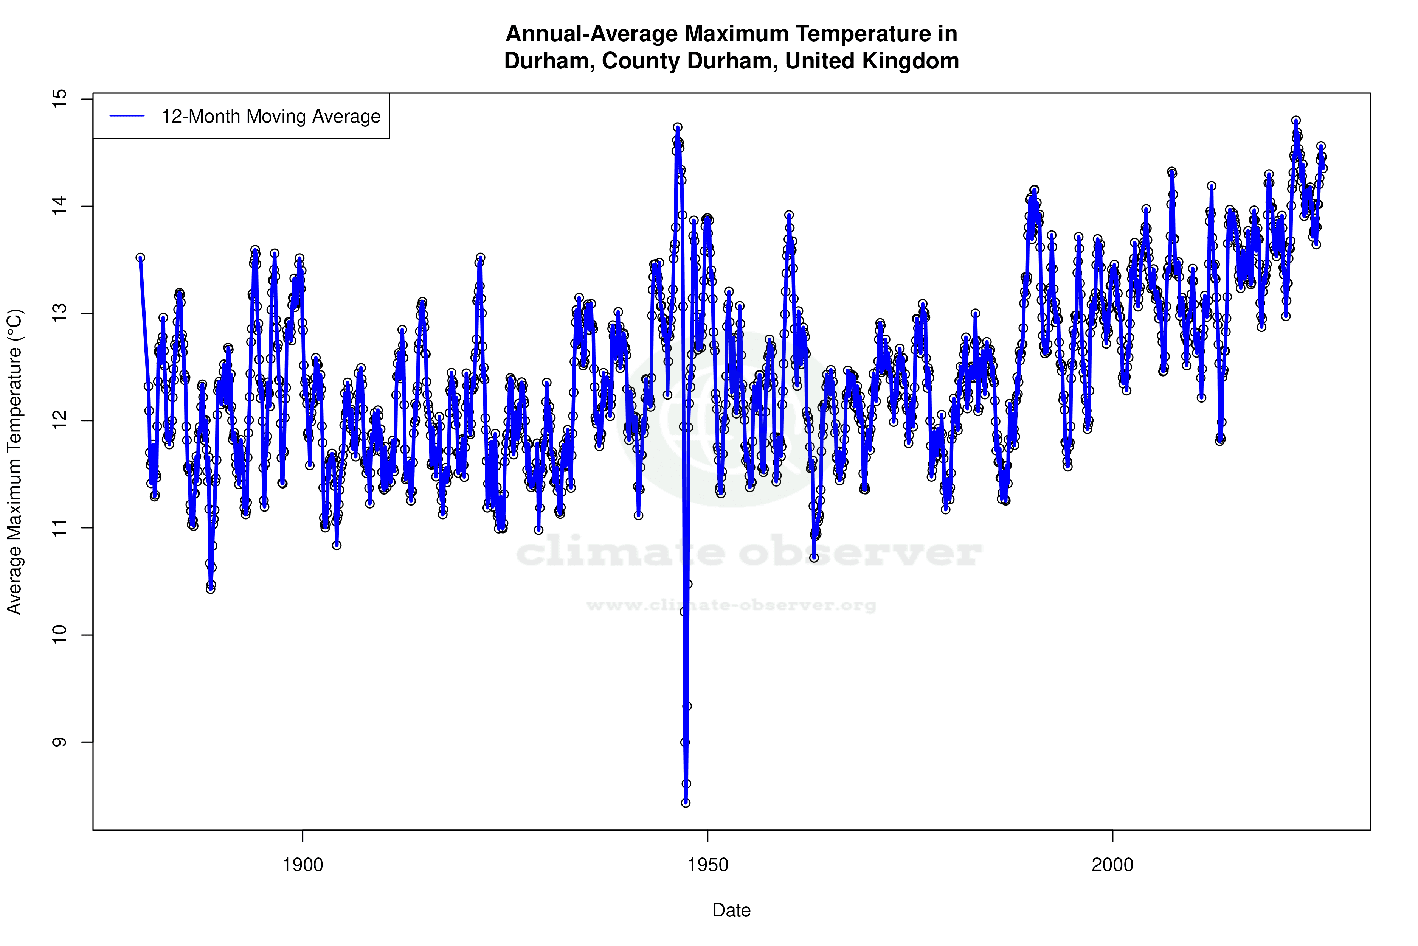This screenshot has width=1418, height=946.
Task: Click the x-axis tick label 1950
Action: point(708,865)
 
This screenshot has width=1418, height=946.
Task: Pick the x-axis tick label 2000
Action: point(1112,865)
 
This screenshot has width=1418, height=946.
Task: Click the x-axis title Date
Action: point(731,910)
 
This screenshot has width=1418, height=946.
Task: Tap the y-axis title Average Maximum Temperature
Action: point(14,462)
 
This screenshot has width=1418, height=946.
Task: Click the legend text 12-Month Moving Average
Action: point(271,117)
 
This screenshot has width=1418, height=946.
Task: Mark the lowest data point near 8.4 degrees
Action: point(686,803)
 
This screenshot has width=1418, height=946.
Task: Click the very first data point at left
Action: point(140,258)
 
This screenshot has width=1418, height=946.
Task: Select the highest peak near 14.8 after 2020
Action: point(1295,121)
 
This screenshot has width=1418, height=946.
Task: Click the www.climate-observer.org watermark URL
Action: point(731,605)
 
